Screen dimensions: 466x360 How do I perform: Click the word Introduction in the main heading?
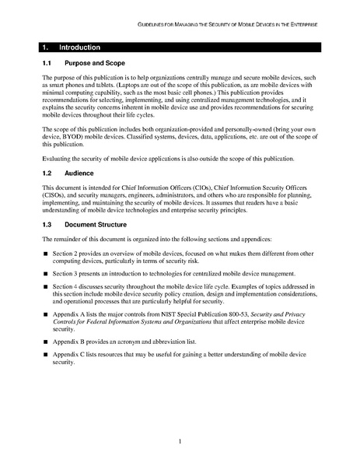pos(79,47)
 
